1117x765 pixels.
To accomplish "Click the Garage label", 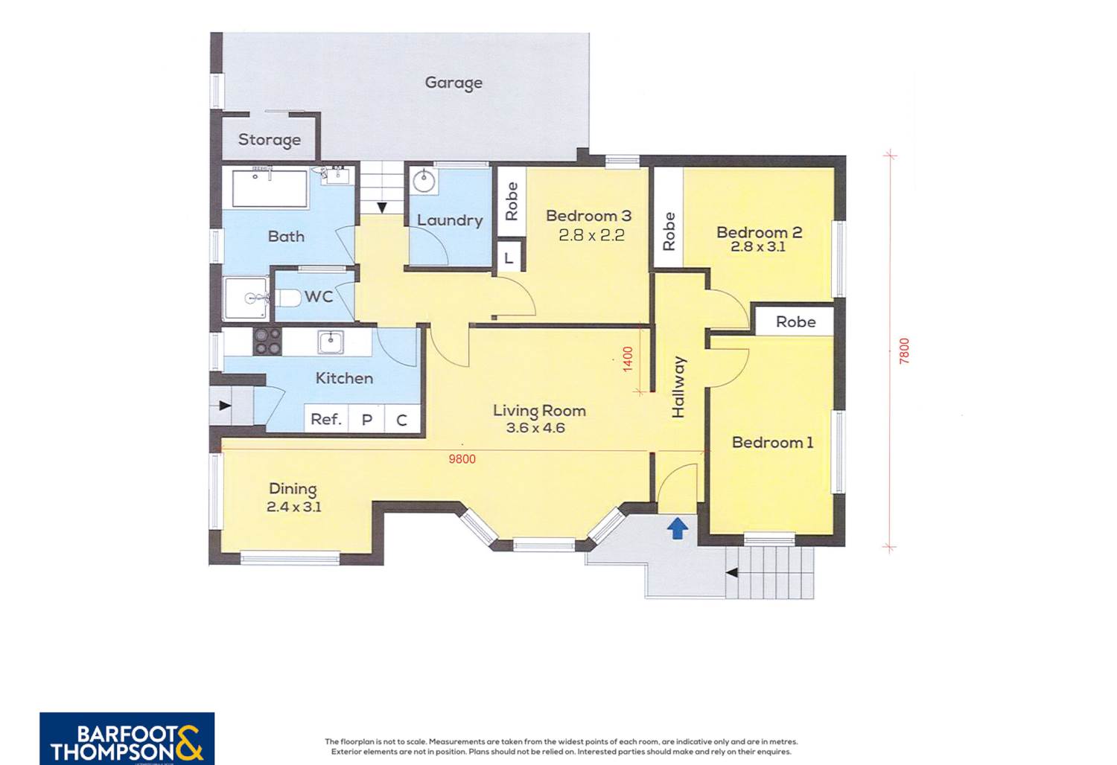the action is [454, 83].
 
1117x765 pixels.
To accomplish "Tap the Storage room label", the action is [270, 140].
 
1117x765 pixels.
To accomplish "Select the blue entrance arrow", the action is [678, 528].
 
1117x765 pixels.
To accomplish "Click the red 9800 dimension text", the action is [462, 459].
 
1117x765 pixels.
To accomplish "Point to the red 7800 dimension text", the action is [905, 351].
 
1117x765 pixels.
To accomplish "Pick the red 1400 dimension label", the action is [628, 359].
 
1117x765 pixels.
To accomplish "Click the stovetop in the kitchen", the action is [268, 342].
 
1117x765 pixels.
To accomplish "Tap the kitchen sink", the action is [330, 342].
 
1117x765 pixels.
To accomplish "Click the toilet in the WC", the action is [287, 298].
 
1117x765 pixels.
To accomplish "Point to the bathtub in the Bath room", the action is [270, 189].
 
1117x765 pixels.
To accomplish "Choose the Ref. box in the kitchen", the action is [326, 419].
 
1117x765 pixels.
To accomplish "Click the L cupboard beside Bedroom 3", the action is [509, 257].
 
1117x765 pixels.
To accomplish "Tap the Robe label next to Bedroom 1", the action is [796, 322].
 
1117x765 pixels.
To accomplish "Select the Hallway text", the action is [678, 387].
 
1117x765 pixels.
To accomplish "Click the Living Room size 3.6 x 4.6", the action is [535, 428].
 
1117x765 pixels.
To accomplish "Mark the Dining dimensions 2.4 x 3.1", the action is [293, 507].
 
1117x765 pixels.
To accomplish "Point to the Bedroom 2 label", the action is [759, 232].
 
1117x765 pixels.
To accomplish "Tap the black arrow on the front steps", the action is [731, 573].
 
